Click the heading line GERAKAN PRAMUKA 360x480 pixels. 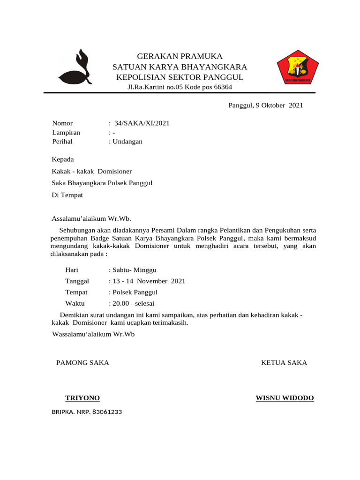[180, 56]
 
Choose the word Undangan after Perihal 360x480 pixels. [127, 142]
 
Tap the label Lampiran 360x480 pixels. [66, 133]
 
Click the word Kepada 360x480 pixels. [63, 159]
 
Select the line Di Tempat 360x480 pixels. [67, 195]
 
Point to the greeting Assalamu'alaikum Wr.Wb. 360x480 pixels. [91, 218]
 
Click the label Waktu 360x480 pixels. [75, 304]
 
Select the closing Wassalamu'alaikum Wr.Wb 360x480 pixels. [93, 335]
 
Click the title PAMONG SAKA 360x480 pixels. [82, 363]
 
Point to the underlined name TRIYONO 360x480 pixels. [82, 398]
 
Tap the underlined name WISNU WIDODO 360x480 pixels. [285, 398]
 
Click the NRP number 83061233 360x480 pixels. [107, 412]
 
